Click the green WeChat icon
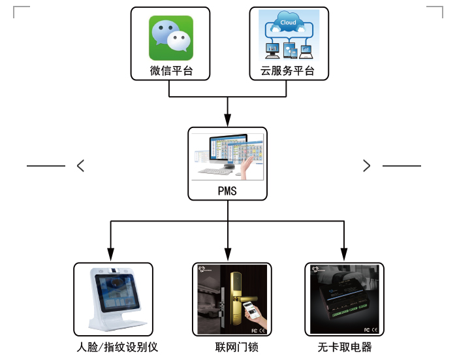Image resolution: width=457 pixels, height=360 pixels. point(172,38)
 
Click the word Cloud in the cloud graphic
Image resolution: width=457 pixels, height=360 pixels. point(288,24)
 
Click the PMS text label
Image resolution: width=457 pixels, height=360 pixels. point(227,191)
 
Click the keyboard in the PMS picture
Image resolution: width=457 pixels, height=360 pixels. point(215,172)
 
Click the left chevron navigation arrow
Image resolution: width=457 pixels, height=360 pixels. point(80,166)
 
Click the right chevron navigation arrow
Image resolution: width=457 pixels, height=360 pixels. point(366,166)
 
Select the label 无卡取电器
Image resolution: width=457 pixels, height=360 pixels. point(344,347)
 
